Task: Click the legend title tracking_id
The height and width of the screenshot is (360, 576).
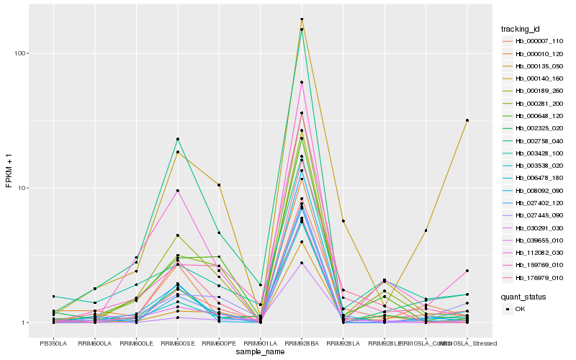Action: pyautogui.click(x=521, y=29)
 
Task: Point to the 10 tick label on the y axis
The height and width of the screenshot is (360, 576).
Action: pyautogui.click(x=22, y=188)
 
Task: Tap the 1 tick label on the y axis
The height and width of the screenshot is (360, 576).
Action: pyautogui.click(x=24, y=323)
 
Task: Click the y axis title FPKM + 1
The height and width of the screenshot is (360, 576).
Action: pyautogui.click(x=9, y=176)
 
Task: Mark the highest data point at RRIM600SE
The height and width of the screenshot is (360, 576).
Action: pyautogui.click(x=177, y=139)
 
